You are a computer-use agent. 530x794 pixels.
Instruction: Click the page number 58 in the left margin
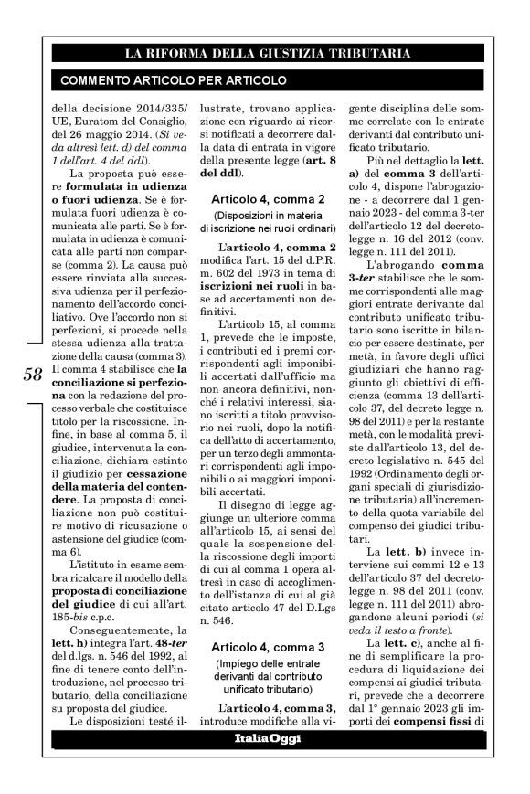pos(31,374)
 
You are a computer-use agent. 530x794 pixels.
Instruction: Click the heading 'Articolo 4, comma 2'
pos(269,198)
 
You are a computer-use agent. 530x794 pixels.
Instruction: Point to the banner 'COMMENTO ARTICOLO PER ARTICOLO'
pos(174,80)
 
